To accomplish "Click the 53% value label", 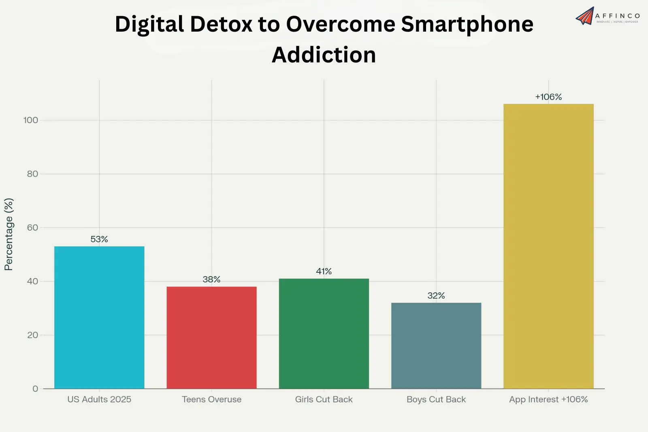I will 99,239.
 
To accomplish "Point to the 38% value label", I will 211,279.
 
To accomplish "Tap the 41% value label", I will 324,271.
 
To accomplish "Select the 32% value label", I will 436,295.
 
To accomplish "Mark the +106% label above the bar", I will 548,97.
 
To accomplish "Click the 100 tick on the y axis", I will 31,120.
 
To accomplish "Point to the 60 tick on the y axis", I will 32,227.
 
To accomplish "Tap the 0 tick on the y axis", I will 35,389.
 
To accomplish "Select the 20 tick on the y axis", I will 32,335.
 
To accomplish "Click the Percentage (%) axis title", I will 9,234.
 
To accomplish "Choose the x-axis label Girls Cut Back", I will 324,399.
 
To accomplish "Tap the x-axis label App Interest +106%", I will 548,399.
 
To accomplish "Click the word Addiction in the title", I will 324,55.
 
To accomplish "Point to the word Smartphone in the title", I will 467,24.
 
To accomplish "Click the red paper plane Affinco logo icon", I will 585,16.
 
